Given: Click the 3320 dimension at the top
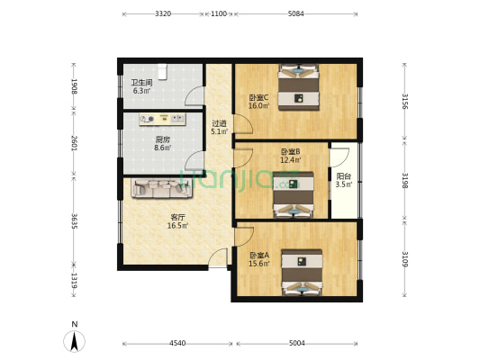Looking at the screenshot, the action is point(163,13).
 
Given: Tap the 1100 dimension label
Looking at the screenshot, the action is point(219,13).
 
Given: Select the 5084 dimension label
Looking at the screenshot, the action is point(296,13).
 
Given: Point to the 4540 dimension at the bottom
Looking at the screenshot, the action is point(177,343).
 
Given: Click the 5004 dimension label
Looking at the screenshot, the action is point(297,343).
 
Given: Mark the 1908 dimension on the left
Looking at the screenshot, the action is point(74,86).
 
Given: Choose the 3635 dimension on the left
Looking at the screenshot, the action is point(74,220).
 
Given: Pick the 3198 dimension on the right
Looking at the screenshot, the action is point(404,181).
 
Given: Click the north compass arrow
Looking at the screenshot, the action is point(74,341).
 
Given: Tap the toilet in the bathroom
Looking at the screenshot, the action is point(162,72).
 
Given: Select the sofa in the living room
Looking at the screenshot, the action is point(162,188).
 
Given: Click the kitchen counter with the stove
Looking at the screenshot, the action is point(162,120).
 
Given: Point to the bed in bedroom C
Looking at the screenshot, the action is point(298,87).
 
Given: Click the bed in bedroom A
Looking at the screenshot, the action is point(302,272).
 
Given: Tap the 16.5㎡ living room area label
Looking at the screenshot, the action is point(177,226).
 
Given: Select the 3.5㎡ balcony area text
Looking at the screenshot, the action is point(344,184).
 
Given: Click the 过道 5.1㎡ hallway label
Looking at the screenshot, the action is point(220,128).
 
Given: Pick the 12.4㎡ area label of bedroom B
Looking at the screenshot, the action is point(291,159).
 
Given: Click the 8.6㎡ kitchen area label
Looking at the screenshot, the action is point(162,148).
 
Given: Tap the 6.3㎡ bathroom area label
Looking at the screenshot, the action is point(141,91).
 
